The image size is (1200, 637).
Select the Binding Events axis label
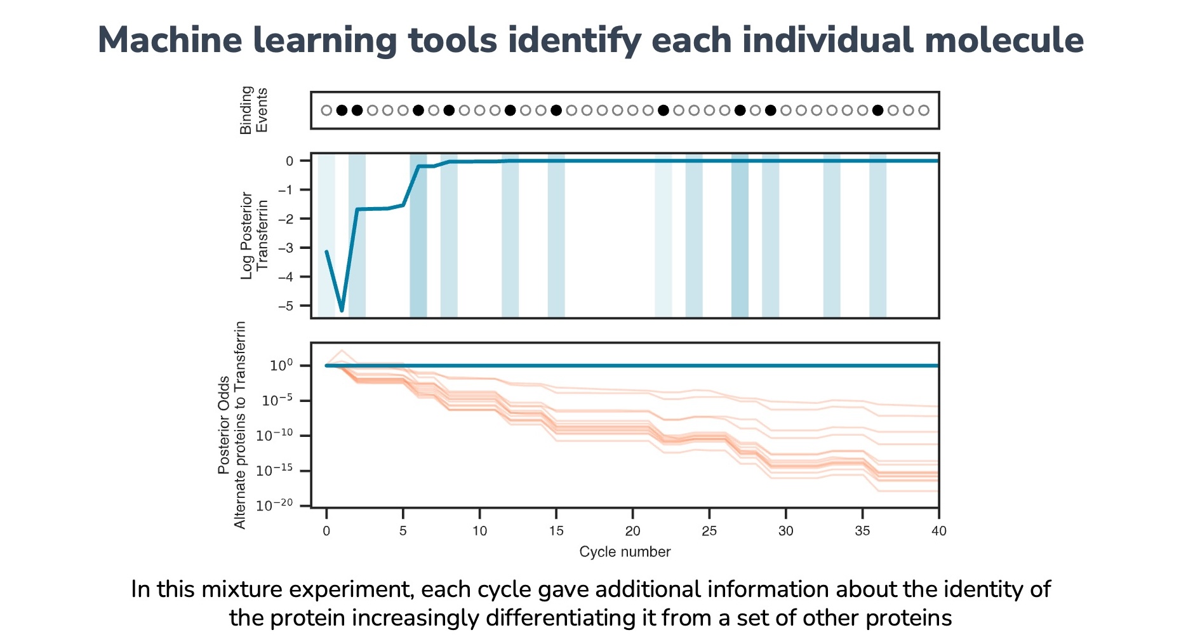(253, 111)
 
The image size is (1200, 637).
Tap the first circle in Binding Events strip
(326, 111)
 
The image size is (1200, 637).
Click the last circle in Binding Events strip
(924, 111)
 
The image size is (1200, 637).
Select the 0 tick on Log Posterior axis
(290, 161)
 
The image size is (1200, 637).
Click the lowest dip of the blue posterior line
(342, 311)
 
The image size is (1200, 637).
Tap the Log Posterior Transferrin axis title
(254, 236)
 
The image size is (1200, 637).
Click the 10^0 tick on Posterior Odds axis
(281, 366)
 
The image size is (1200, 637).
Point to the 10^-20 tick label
(274, 506)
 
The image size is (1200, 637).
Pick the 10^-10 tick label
(274, 436)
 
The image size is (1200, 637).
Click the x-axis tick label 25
(709, 531)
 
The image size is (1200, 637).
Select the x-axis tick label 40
(938, 531)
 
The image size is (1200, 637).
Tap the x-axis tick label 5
(403, 531)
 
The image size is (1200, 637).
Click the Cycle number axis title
(625, 552)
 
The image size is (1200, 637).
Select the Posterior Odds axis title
(223, 426)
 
